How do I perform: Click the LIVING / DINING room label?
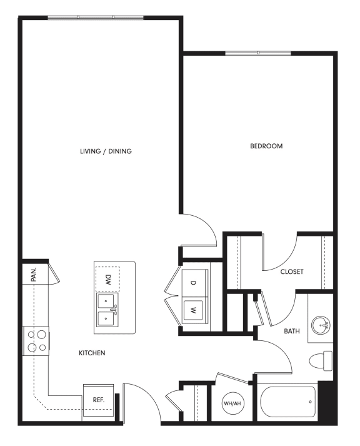click(106, 151)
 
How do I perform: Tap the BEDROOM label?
click(266, 146)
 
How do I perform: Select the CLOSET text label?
click(292, 271)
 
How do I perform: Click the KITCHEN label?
click(91, 353)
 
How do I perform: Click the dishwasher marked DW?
click(107, 278)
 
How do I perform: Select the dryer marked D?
click(193, 283)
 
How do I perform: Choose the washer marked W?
click(193, 309)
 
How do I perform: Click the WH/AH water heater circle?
click(232, 403)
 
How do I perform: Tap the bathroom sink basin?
click(321, 325)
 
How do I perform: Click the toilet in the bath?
click(322, 362)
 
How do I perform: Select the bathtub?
click(287, 402)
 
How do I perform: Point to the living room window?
click(96, 17)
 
